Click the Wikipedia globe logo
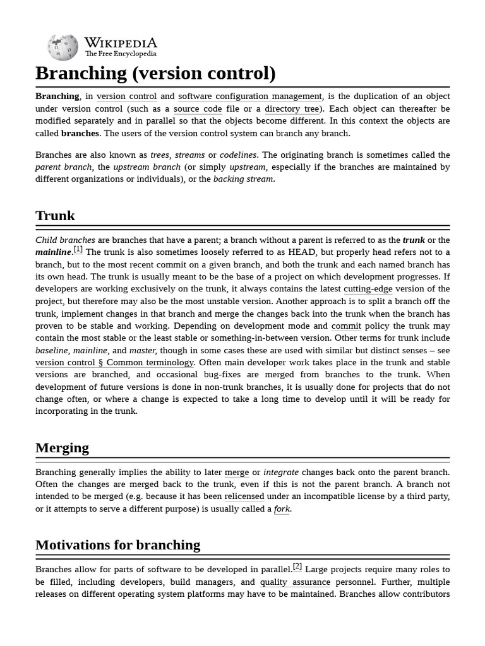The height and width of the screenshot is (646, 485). (63, 47)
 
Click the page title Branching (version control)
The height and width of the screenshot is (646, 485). (155, 73)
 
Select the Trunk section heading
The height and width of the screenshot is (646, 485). (55, 216)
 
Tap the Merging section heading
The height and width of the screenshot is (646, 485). (62, 448)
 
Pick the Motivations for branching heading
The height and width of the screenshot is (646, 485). (117, 545)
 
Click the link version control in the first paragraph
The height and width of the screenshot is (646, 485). (126, 97)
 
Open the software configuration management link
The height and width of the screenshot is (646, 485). (250, 97)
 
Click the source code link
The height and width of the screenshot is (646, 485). (198, 109)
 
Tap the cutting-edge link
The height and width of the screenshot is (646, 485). (368, 289)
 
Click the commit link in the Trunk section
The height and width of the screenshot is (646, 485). (346, 326)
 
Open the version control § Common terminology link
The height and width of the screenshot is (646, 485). (114, 363)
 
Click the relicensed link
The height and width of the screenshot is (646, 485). (244, 496)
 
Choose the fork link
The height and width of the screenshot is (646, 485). (282, 509)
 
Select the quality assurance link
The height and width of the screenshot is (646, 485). (295, 582)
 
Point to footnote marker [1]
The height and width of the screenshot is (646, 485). (78, 250)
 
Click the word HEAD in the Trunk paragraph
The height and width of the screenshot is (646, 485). (302, 252)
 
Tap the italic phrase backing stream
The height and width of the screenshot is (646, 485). (243, 179)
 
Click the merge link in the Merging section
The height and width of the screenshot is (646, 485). (237, 473)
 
